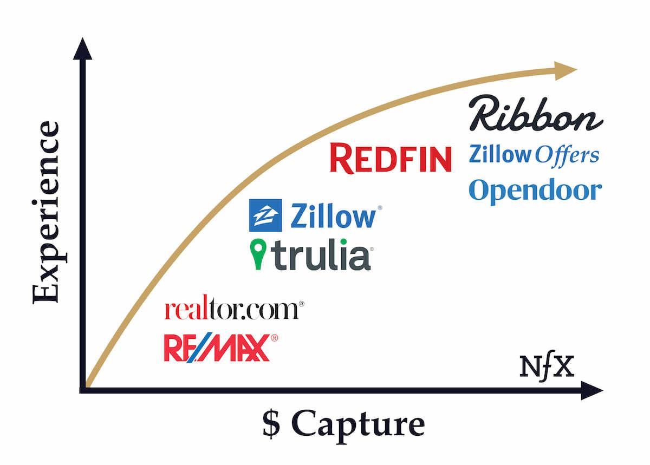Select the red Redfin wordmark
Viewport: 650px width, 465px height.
click(x=391, y=159)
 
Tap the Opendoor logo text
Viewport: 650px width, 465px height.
click(x=535, y=191)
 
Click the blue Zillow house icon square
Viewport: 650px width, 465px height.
click(x=265, y=215)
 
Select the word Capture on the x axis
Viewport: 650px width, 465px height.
click(x=358, y=425)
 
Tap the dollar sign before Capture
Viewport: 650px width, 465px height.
click(x=272, y=425)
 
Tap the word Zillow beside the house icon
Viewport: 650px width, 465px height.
click(x=333, y=216)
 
